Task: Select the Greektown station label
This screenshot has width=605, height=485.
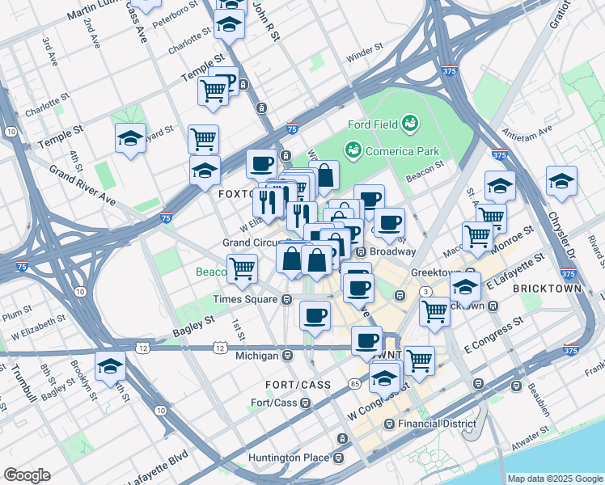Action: [x=434, y=273]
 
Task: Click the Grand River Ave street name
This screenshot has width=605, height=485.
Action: [x=81, y=184]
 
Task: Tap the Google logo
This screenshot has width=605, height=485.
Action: [x=27, y=475]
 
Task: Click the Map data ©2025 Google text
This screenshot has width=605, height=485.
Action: [x=555, y=479]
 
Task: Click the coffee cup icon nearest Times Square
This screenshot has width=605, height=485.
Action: [x=315, y=314]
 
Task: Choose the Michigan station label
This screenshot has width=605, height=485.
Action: [x=258, y=356]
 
